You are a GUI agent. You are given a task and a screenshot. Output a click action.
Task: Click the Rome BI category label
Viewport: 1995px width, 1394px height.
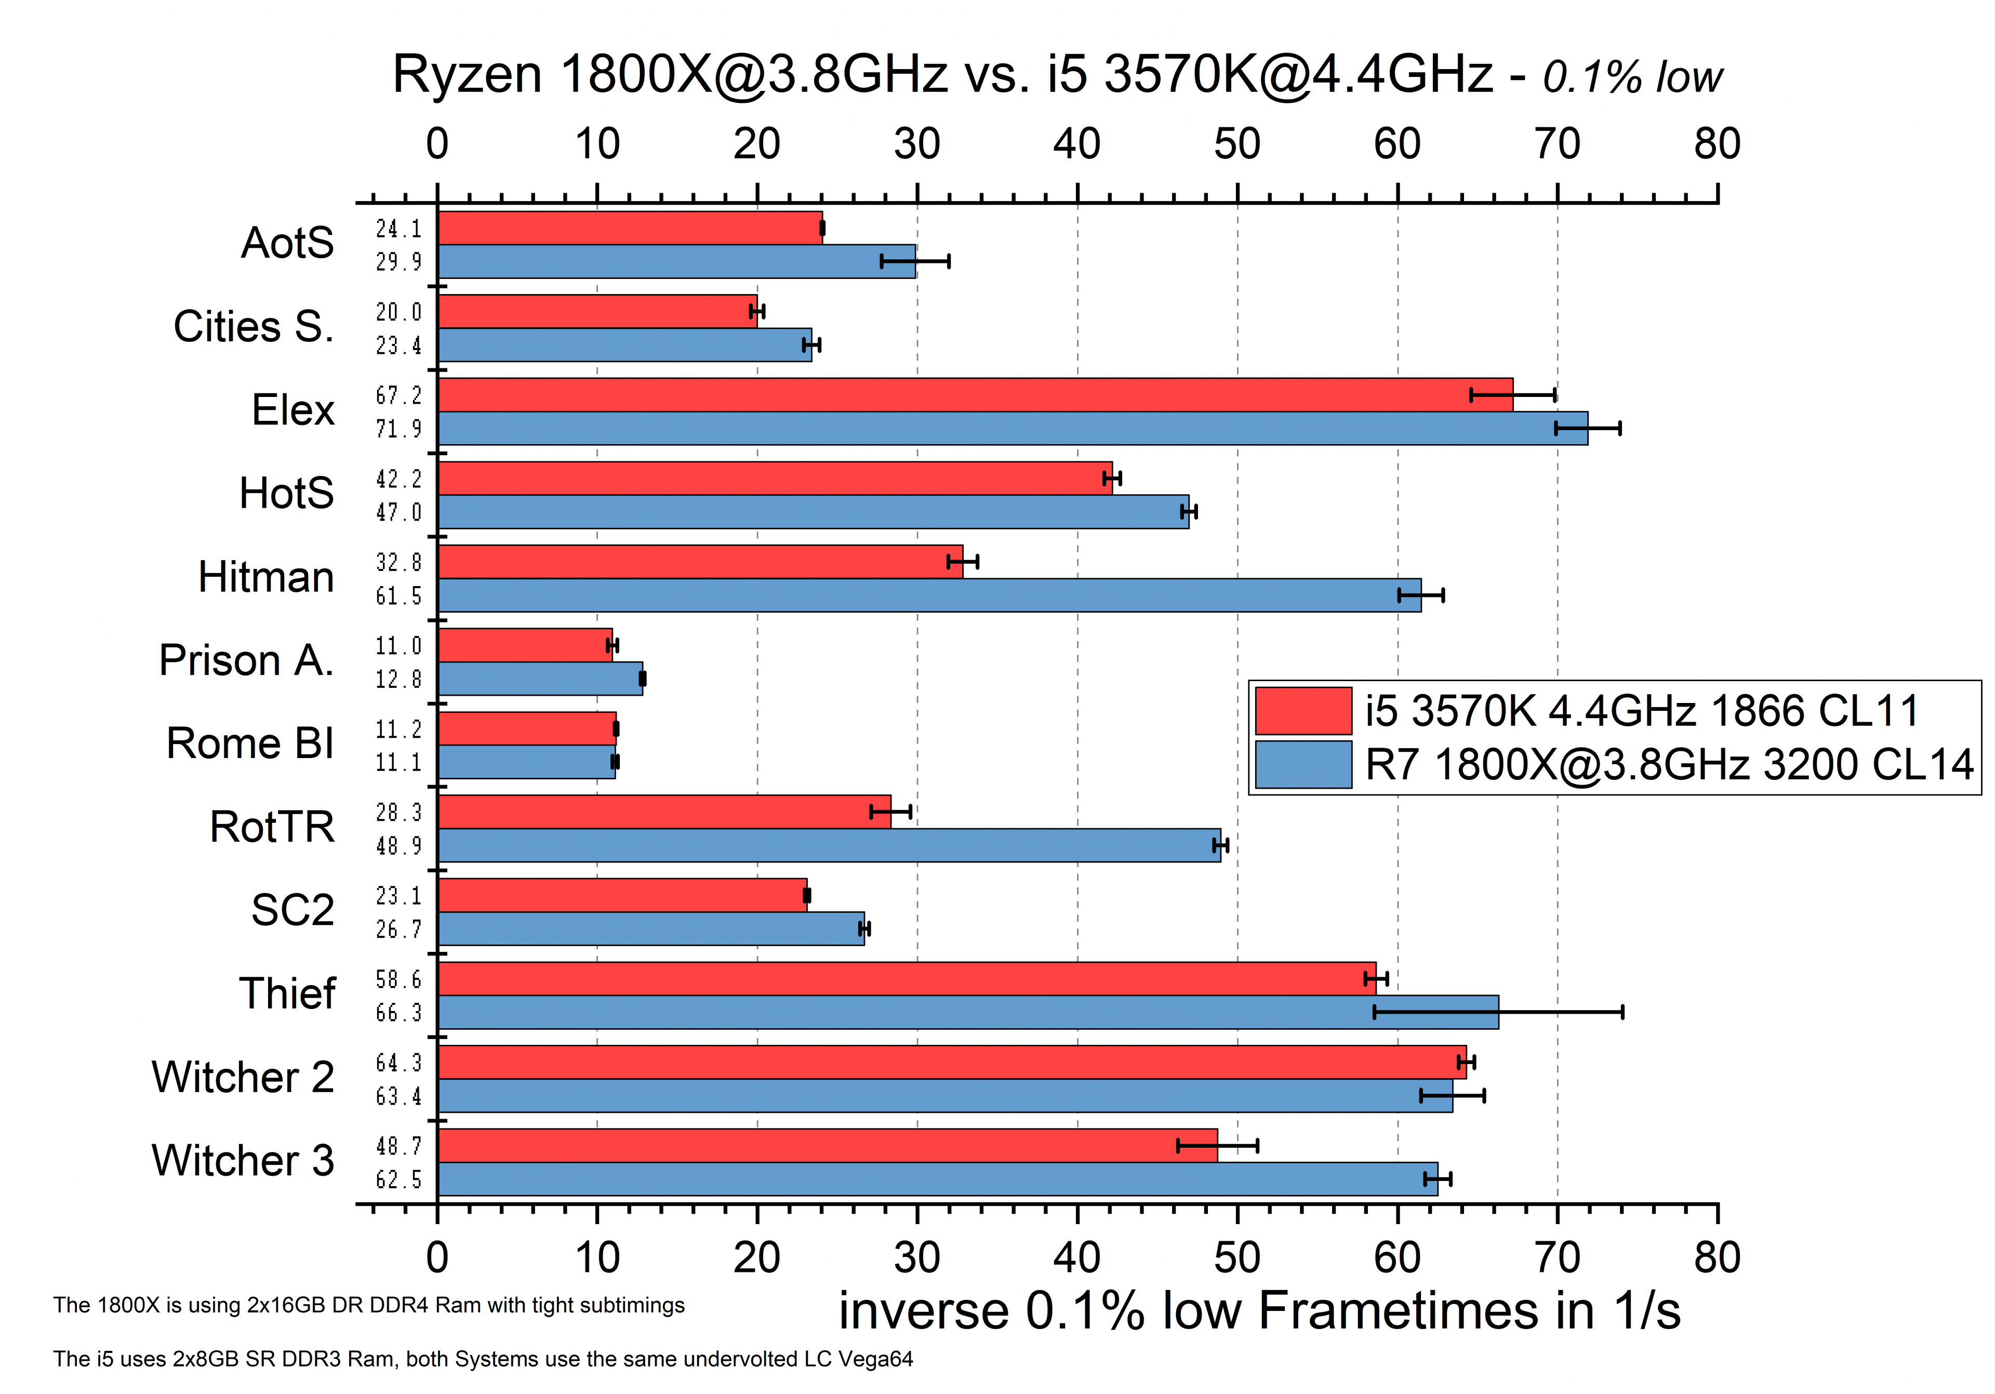[x=250, y=744]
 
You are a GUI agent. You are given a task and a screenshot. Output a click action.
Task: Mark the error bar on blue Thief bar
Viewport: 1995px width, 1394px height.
[x=1498, y=1012]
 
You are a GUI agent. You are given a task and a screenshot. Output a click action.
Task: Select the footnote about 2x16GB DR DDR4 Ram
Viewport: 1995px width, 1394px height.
[x=368, y=1305]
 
